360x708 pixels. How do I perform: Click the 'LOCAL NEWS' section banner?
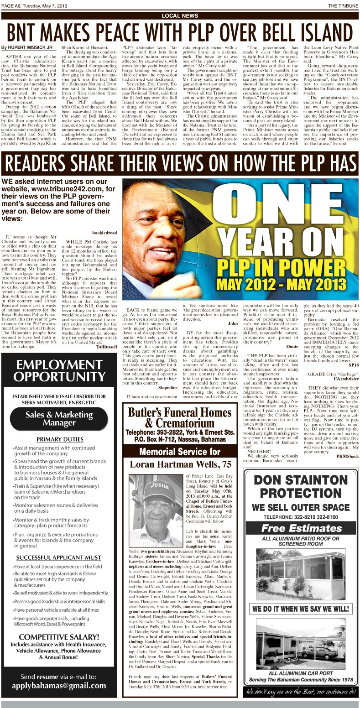click(180, 16)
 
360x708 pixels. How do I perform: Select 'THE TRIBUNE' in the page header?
click(343, 5)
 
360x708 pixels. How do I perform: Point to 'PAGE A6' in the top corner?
click(12, 5)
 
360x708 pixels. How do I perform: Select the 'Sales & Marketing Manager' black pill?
click(59, 419)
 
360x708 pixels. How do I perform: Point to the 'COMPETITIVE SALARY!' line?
click(59, 637)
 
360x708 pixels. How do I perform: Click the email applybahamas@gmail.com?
click(59, 685)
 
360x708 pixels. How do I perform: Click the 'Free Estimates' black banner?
click(301, 529)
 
